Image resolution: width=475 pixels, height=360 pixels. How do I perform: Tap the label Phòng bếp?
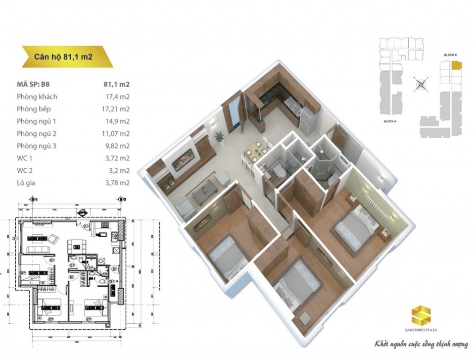(x=34, y=109)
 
